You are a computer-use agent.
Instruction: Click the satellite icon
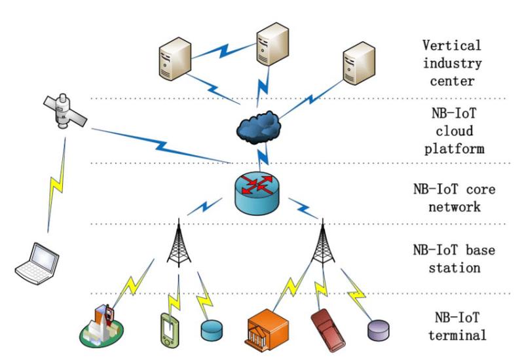[64, 111]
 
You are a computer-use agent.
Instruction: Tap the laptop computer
[37, 264]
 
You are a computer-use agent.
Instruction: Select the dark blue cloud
[259, 128]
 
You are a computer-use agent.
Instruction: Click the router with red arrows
[257, 193]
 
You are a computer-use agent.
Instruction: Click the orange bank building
[268, 329]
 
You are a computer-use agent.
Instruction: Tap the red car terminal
[328, 330]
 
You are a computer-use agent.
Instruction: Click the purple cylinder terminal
[379, 331]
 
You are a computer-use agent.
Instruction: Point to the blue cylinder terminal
[212, 331]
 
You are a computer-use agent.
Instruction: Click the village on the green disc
[102, 326]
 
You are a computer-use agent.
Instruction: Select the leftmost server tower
[175, 59]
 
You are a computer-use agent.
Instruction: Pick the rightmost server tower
[359, 63]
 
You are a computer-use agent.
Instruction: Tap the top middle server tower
[272, 44]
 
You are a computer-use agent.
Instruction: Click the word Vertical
[452, 45]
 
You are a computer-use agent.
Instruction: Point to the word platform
[455, 149]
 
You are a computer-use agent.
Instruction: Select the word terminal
[457, 335]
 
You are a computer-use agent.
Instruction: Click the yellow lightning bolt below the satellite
[56, 185]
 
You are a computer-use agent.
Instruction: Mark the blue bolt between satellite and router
[161, 146]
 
